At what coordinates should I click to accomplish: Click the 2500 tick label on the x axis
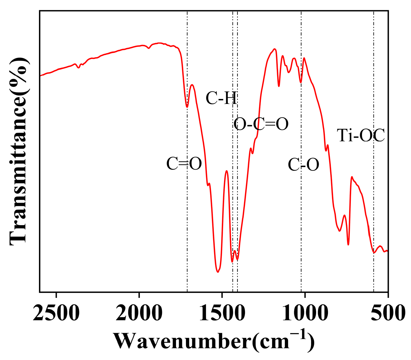56,313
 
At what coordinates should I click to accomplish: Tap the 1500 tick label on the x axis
222,313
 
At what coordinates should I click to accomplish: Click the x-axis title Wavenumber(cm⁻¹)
213,341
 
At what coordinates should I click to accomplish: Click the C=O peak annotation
184,164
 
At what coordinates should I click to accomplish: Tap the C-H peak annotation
222,99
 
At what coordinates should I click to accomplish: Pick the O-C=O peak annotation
261,124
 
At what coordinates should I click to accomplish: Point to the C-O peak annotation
303,165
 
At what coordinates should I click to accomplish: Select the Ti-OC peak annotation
361,136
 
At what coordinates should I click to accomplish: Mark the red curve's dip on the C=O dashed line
187,107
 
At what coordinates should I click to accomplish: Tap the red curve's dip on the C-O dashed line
301,82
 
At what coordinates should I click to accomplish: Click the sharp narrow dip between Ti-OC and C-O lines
348,244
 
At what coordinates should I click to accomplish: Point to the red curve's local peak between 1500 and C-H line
227,171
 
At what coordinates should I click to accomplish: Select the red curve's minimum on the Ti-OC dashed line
374,253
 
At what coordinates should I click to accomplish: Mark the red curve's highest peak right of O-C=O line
274,49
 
